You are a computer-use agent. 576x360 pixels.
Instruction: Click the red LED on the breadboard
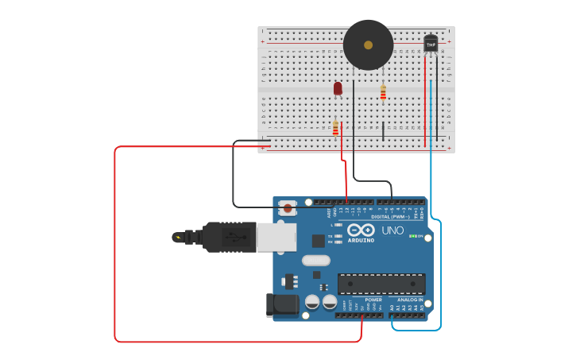[x=338, y=87]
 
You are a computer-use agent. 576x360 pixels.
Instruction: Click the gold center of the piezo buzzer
[x=368, y=45]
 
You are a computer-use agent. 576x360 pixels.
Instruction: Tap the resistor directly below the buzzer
[x=383, y=93]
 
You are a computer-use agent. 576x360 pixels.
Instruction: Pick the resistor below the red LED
[x=335, y=127]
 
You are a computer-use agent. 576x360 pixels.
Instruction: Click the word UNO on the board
[x=392, y=230]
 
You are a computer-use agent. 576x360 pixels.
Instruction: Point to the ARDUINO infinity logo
[x=361, y=230]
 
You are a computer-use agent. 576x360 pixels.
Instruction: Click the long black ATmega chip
[x=381, y=284]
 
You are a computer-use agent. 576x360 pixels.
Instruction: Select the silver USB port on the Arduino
[x=276, y=237]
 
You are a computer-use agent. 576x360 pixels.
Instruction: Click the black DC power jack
[x=281, y=304]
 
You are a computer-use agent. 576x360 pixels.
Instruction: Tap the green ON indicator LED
[x=412, y=236]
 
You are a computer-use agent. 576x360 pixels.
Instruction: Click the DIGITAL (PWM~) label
[x=390, y=216]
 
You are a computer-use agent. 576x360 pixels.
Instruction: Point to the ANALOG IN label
[x=409, y=300]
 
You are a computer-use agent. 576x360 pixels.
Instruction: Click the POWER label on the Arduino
[x=373, y=300]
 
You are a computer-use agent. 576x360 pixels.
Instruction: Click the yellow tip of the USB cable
[x=177, y=237]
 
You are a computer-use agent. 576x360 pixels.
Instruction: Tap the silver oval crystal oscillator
[x=315, y=260]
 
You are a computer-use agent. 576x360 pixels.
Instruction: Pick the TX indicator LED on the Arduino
[x=338, y=236]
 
